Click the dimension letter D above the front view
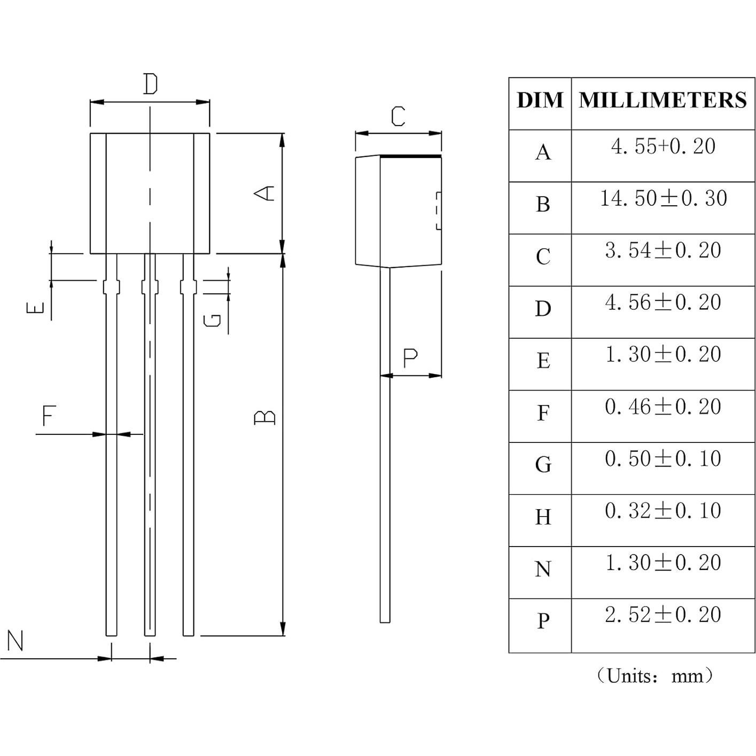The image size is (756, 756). [151, 84]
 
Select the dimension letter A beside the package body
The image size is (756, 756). [264, 193]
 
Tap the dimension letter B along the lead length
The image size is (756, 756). [264, 417]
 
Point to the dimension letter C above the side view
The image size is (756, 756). [398, 116]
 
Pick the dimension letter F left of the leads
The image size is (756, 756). [49, 415]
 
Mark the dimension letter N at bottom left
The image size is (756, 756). [15, 641]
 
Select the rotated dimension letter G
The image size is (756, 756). [213, 319]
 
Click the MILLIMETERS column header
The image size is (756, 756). [663, 100]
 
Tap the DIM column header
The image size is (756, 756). [540, 100]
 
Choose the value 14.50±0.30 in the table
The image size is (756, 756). [663, 198]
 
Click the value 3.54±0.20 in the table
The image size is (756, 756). [663, 251]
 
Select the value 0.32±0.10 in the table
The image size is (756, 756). [663, 511]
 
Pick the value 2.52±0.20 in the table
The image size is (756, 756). [663, 615]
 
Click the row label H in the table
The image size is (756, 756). [543, 517]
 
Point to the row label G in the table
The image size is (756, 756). [543, 465]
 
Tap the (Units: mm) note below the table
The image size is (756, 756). [654, 676]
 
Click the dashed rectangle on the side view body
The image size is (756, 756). [439, 211]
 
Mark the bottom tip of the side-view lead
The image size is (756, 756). [385, 621]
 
